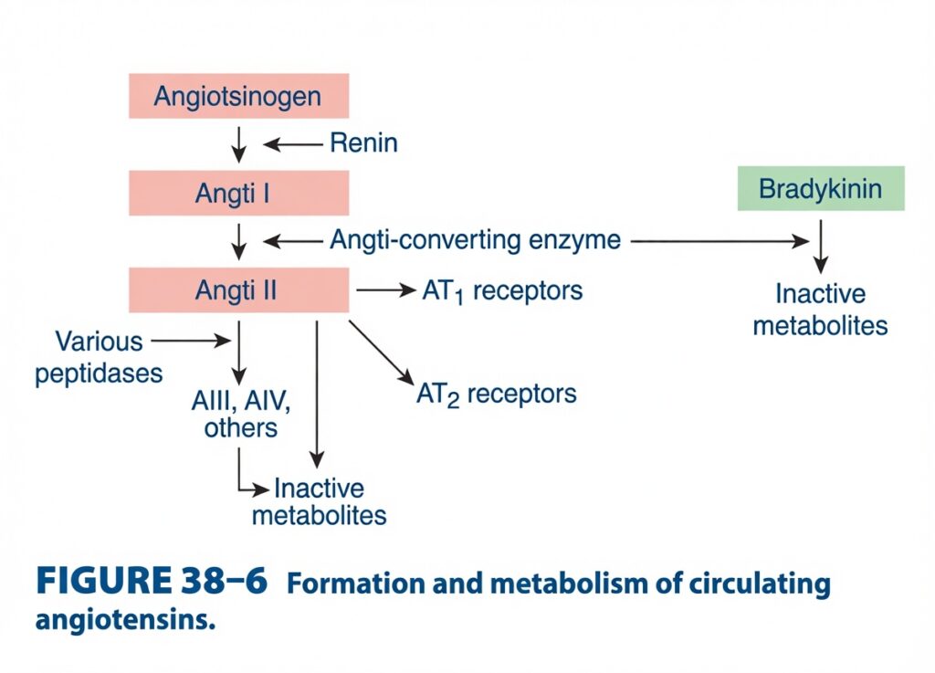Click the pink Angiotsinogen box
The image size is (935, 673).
(x=238, y=96)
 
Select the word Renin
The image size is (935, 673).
(x=363, y=143)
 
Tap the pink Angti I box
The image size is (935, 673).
(x=238, y=194)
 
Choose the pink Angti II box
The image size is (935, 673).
(x=238, y=290)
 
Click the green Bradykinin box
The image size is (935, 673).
(x=821, y=188)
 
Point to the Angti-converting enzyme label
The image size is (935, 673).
(x=475, y=240)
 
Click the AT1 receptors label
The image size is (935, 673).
(x=502, y=291)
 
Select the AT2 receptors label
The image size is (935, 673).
(x=497, y=394)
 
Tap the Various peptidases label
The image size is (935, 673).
(x=99, y=358)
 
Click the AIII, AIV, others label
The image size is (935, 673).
(x=241, y=414)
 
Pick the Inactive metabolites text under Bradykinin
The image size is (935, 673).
(x=821, y=310)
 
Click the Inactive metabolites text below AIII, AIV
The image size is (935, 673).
(x=319, y=502)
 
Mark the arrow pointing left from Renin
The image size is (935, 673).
(x=293, y=143)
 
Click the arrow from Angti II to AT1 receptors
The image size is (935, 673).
(x=386, y=290)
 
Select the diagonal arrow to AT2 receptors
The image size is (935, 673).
(x=382, y=352)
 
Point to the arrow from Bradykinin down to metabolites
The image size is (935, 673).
(x=821, y=247)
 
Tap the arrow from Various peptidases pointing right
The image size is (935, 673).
(x=191, y=341)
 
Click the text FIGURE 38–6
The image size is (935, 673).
(x=152, y=580)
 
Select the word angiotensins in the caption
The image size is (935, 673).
(x=125, y=620)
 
